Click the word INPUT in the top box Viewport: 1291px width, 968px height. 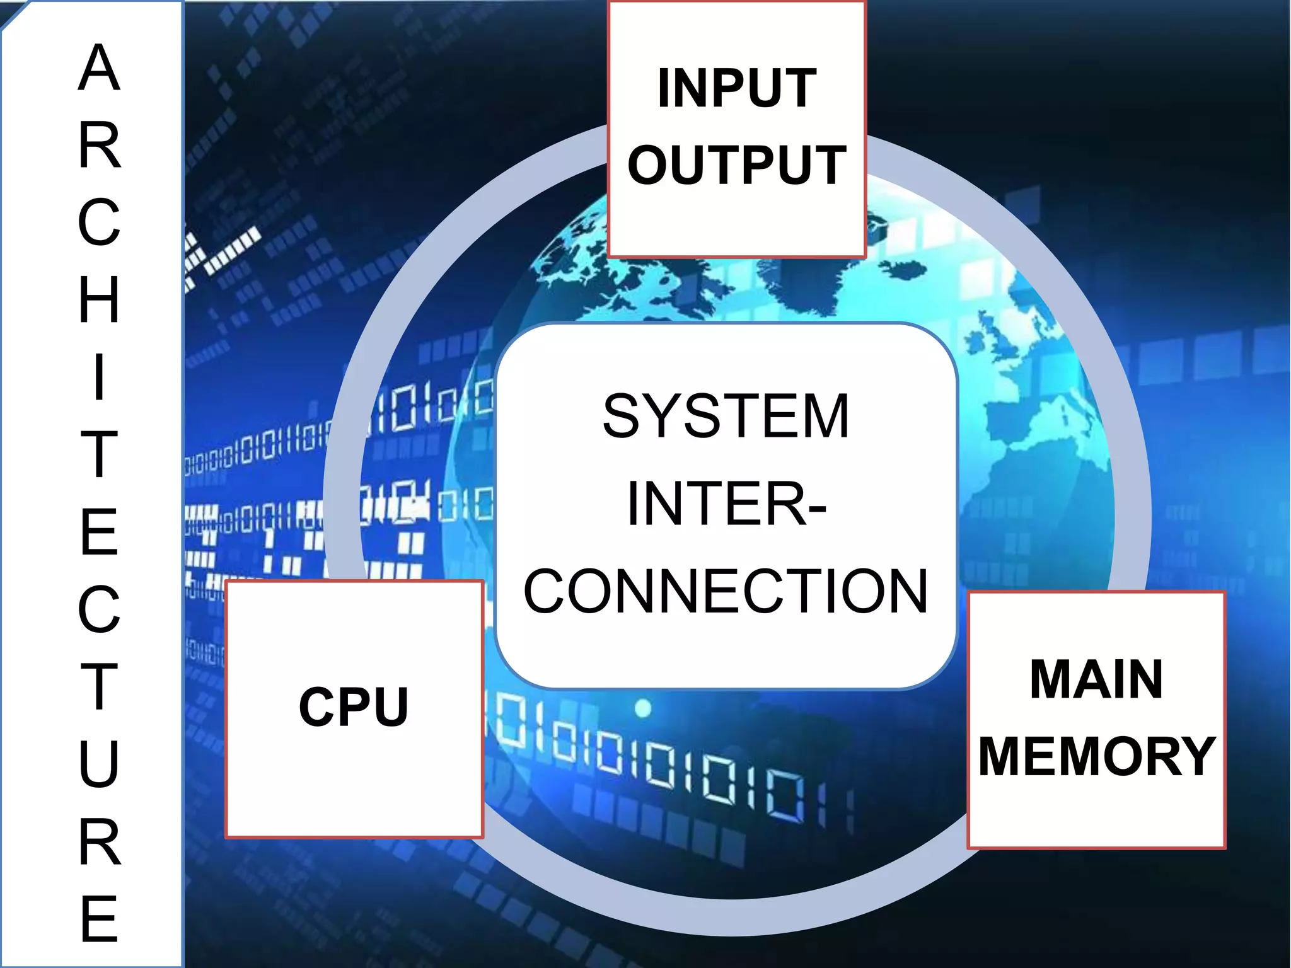point(736,89)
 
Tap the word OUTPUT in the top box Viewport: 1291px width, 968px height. point(736,165)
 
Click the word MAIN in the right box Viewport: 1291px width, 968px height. point(1096,679)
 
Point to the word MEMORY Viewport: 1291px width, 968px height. point(1096,756)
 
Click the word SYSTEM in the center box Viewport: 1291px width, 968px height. point(726,416)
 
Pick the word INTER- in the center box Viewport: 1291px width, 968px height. point(726,504)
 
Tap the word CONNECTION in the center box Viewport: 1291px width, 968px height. point(726,591)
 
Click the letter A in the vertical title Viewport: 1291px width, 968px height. point(99,68)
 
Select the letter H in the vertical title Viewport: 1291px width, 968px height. point(99,299)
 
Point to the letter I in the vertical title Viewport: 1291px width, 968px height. point(99,377)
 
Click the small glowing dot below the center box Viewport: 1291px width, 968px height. point(642,708)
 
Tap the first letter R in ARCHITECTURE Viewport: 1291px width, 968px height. point(99,146)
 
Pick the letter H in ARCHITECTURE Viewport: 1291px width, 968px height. point(99,299)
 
